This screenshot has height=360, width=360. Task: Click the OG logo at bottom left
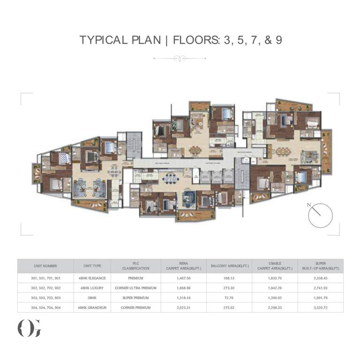click(29, 328)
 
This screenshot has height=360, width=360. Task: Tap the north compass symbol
click(320, 215)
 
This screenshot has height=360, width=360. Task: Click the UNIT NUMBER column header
click(45, 266)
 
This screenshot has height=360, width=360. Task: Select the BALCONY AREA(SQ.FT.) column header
click(230, 266)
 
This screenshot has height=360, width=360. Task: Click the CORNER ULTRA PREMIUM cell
click(135, 288)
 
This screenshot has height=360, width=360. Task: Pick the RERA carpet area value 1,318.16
click(184, 298)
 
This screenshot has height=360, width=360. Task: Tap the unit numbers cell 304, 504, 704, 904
click(45, 307)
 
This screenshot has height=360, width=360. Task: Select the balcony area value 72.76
click(230, 298)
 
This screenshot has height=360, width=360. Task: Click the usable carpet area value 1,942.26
click(276, 288)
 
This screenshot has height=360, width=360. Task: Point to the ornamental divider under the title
click(180, 59)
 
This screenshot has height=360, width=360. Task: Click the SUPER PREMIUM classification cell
click(135, 298)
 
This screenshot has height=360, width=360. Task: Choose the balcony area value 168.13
click(230, 278)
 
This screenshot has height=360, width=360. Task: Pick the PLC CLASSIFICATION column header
click(135, 266)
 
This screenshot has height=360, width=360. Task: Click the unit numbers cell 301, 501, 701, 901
click(45, 278)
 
